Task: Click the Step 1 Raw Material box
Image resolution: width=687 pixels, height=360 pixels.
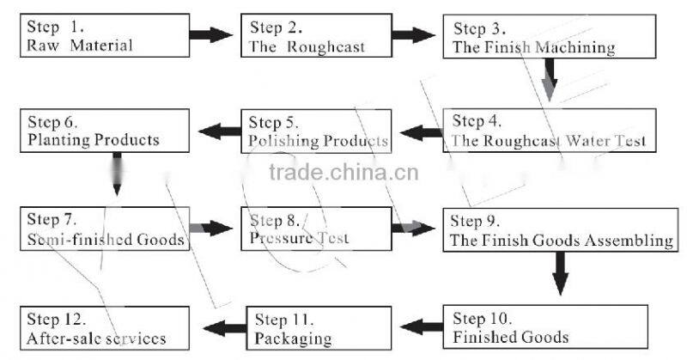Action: [x=102, y=35]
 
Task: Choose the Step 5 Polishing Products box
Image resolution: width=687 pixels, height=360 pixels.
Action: [x=317, y=131]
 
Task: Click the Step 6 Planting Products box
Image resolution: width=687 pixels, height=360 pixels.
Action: [x=102, y=131]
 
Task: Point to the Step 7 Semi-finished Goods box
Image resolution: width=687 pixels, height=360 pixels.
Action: [x=102, y=229]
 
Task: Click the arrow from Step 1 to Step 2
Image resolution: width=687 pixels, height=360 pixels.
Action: [x=210, y=35]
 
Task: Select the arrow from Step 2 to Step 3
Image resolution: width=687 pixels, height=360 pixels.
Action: [x=416, y=35]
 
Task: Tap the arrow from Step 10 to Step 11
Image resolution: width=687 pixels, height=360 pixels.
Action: [x=423, y=326]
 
